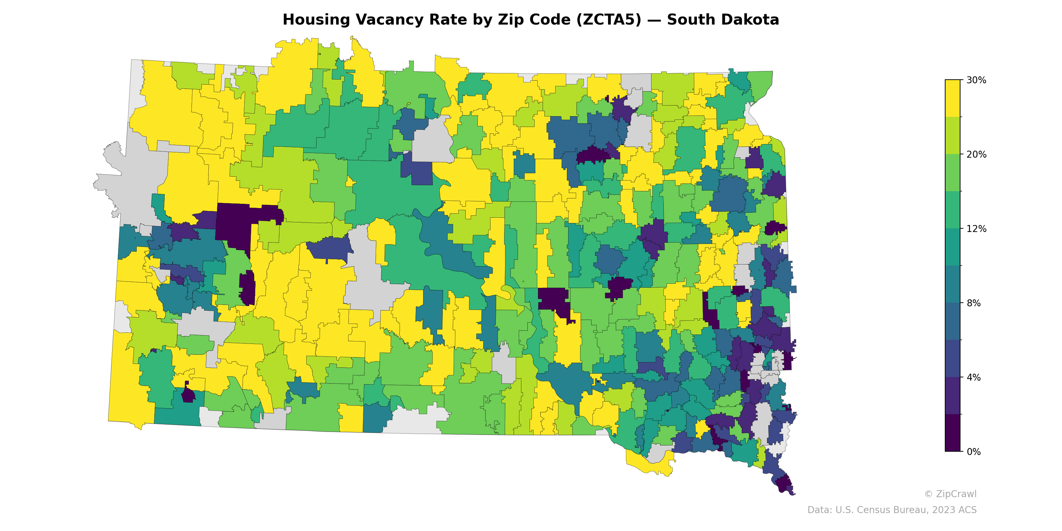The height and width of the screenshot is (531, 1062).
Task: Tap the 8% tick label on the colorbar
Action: point(973,303)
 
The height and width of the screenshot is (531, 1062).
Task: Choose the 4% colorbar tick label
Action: point(973,377)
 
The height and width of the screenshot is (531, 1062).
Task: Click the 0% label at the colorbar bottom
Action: point(973,451)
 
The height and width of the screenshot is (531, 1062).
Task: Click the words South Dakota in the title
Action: point(723,20)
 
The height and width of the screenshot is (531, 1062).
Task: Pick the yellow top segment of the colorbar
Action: point(952,98)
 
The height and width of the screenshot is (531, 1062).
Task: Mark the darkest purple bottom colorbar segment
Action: point(952,433)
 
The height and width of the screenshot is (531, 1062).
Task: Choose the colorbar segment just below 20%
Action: point(952,172)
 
